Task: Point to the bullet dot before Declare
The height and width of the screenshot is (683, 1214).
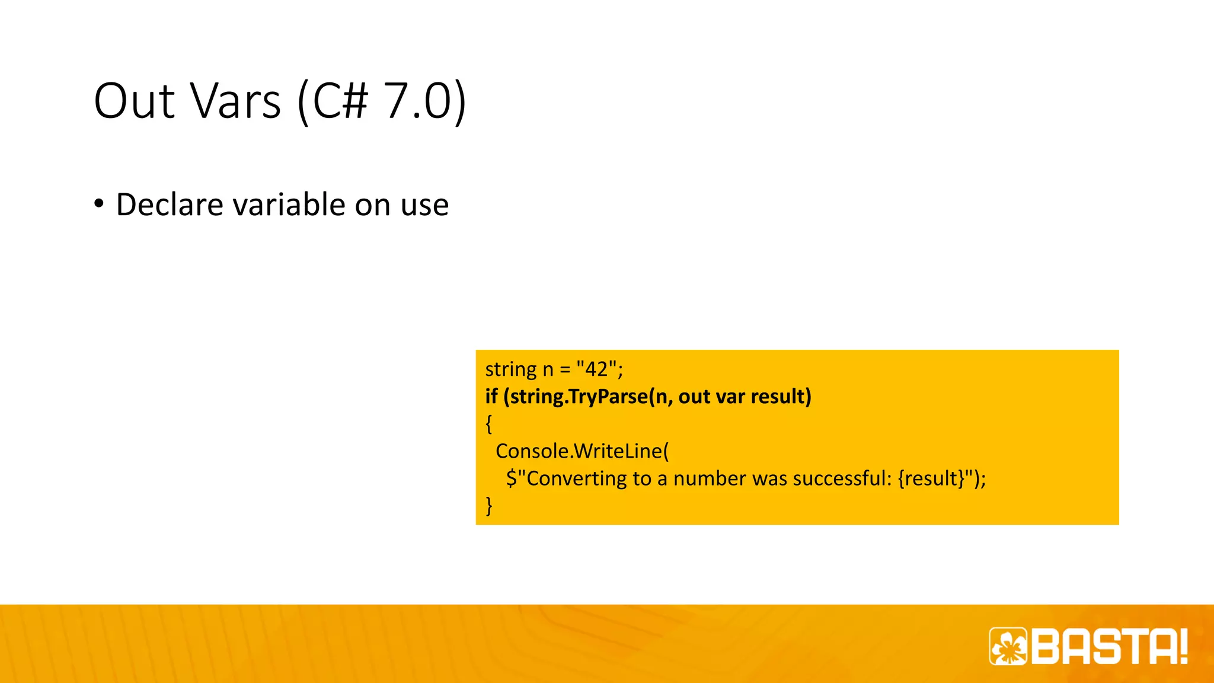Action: (x=99, y=204)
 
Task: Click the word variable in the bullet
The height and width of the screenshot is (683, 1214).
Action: (x=289, y=205)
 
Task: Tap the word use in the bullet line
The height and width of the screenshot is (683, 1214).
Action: (x=424, y=206)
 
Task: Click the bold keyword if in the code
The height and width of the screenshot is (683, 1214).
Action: (x=491, y=396)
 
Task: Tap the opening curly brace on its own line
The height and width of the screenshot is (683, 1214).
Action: (x=489, y=423)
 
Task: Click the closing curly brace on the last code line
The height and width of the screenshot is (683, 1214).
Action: (x=489, y=505)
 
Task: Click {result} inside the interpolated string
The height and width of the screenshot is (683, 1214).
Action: (x=931, y=478)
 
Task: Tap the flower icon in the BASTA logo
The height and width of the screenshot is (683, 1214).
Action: (x=1008, y=646)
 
